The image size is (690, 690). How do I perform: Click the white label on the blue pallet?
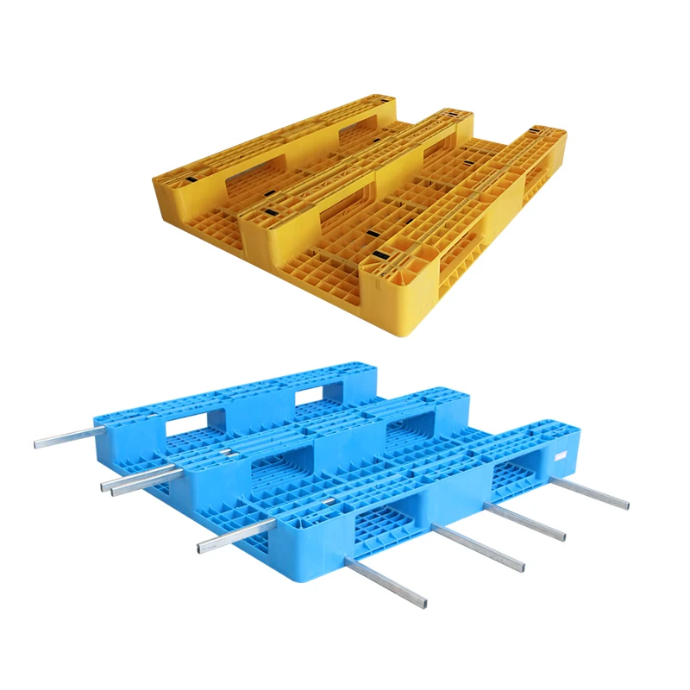click(561, 455)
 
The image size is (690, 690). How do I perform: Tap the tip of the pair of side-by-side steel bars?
click(107, 487)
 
